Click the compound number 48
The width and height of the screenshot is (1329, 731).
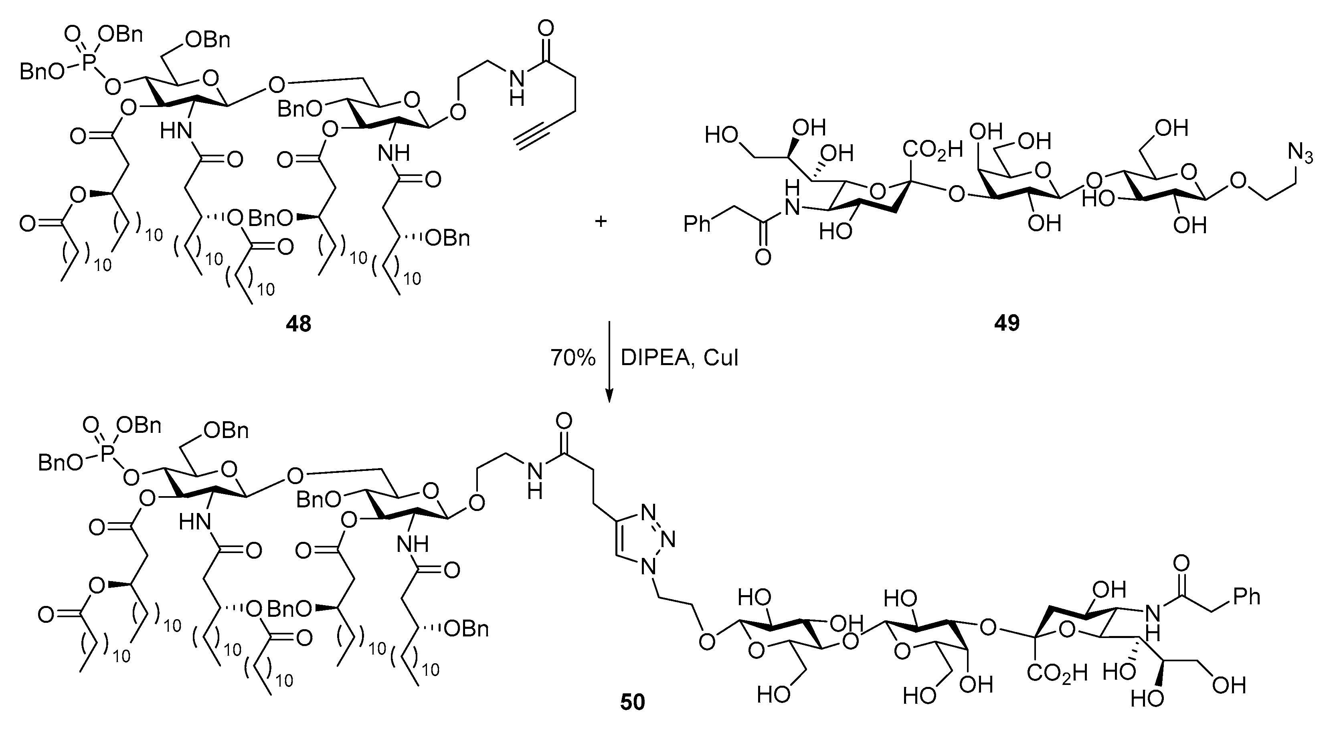pyautogui.click(x=299, y=324)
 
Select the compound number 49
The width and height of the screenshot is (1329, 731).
pyautogui.click(x=1007, y=324)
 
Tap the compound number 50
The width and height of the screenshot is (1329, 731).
pyautogui.click(x=633, y=703)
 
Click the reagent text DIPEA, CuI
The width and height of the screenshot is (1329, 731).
pyautogui.click(x=680, y=357)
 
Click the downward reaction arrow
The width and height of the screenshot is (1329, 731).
pyautogui.click(x=609, y=361)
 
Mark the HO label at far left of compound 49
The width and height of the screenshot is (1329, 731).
pyautogui.click(x=720, y=136)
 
